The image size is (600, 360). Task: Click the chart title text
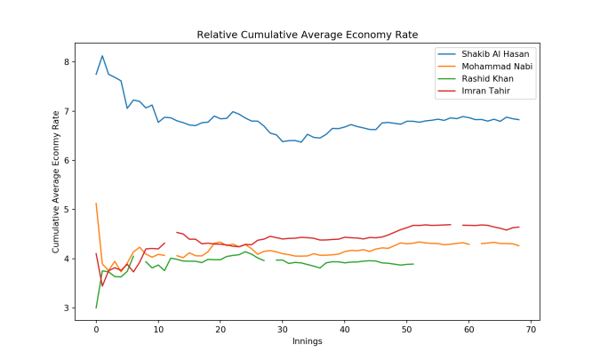(307, 35)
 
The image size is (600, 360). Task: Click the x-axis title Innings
(307, 341)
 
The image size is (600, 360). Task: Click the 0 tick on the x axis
(96, 329)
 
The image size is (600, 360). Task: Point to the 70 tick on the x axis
(531, 329)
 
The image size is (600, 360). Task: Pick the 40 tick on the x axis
(344, 329)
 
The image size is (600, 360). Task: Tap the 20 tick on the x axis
(220, 329)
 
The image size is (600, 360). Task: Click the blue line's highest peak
(102, 56)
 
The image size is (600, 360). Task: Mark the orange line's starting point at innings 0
(96, 204)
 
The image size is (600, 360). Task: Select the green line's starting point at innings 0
(96, 308)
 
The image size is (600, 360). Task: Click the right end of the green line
(413, 264)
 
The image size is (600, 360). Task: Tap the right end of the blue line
(518, 119)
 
